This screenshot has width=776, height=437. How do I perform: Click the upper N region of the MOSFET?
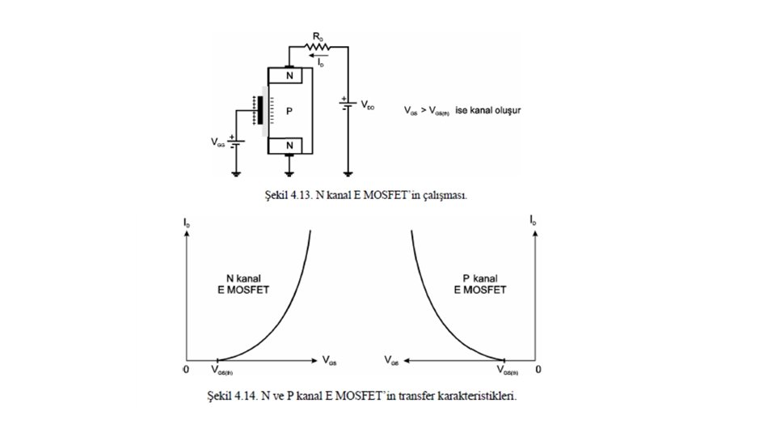tap(289, 75)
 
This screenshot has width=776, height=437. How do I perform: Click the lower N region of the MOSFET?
tap(289, 146)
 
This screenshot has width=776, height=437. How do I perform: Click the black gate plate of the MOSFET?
tap(260, 109)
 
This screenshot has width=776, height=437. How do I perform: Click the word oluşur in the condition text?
tap(503, 110)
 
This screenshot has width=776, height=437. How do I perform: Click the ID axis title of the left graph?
tap(188, 220)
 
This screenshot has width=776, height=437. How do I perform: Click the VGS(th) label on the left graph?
tap(221, 371)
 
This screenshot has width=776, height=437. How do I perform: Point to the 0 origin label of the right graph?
tap(538, 370)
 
